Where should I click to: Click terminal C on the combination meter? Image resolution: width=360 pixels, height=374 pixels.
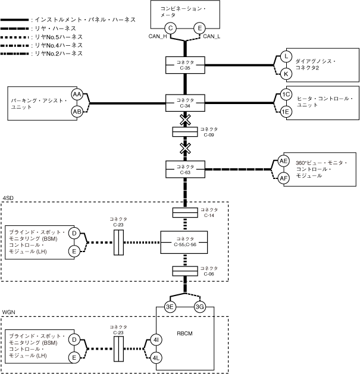coord(170,28)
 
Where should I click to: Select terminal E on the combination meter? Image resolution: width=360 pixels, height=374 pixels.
coord(200,28)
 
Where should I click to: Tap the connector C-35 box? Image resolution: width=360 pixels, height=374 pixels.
coord(184,65)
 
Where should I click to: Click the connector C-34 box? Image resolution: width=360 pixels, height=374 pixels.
coord(184,102)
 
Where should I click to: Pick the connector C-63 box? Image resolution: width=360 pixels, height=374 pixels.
coord(184,169)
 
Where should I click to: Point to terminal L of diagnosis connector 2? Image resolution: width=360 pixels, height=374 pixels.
coord(286,56)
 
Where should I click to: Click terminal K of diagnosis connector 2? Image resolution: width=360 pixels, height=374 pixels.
coord(286,73)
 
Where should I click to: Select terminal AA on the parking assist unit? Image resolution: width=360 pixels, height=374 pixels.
coord(76,95)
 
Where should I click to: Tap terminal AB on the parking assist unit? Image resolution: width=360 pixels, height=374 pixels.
coord(76,111)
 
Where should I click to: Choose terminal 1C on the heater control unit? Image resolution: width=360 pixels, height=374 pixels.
coord(286,95)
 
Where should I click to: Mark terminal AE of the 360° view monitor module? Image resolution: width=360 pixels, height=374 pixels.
coord(283,161)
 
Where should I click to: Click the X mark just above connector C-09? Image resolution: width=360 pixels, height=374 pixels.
coord(185,120)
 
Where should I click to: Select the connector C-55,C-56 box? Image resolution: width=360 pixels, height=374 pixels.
coord(184,241)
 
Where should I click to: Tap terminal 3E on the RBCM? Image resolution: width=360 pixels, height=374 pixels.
coord(170,307)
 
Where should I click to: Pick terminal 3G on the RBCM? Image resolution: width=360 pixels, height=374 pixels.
coord(200,307)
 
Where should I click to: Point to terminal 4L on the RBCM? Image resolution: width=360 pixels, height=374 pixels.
coord(156,357)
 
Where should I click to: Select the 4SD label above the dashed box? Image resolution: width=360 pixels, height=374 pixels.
coord(8,197)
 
